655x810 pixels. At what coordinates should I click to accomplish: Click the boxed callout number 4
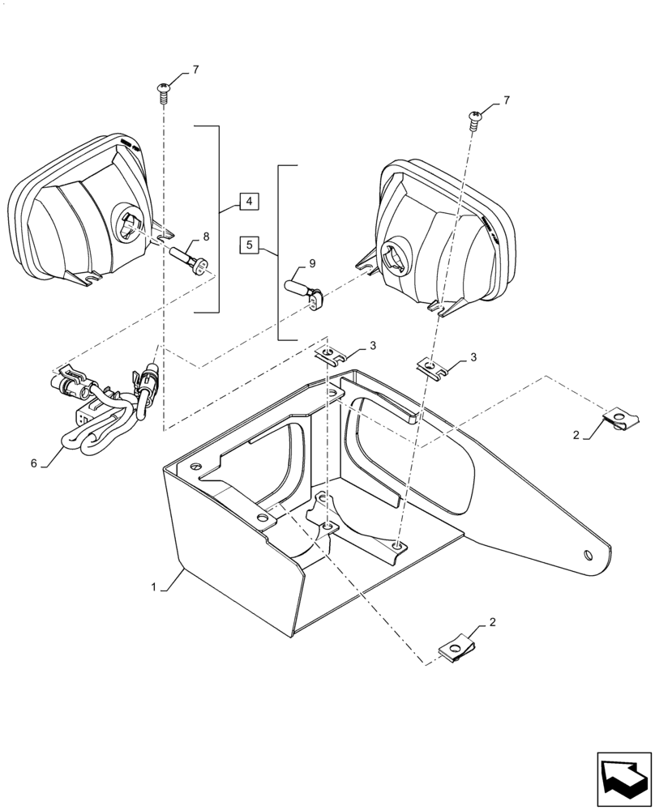pyautogui.click(x=250, y=201)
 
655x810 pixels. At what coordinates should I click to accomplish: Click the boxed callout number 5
pyautogui.click(x=250, y=245)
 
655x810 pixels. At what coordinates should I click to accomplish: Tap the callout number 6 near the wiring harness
pyautogui.click(x=34, y=463)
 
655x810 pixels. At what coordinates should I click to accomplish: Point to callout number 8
pyautogui.click(x=205, y=237)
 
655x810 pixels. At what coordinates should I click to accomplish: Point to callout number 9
pyautogui.click(x=312, y=263)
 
